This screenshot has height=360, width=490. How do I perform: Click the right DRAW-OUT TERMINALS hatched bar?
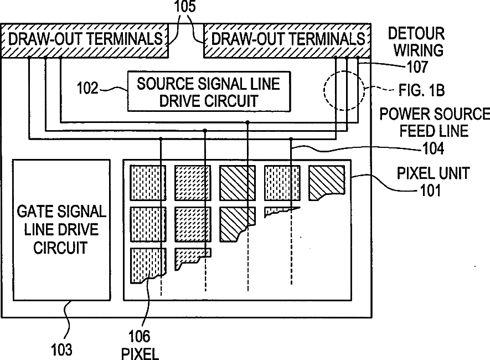pyautogui.click(x=287, y=39)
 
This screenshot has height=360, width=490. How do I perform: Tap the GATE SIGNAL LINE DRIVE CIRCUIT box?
pyautogui.click(x=61, y=229)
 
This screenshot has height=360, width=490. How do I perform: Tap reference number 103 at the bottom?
pyautogui.click(x=61, y=349)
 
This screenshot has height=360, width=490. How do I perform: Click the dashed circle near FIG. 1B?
pyautogui.click(x=343, y=90)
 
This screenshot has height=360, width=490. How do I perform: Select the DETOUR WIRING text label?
pyautogui.click(x=416, y=42)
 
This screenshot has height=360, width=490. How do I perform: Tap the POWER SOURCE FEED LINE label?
pyautogui.click(x=434, y=123)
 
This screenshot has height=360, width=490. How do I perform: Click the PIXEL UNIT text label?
pyautogui.click(x=433, y=173)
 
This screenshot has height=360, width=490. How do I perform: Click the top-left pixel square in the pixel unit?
pyautogui.click(x=148, y=183)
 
